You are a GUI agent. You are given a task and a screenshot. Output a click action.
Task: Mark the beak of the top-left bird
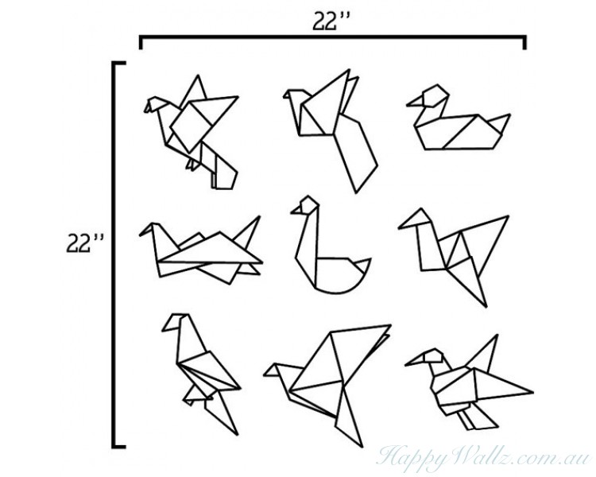(x=148, y=104)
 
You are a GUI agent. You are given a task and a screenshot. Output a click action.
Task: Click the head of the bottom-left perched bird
(x=177, y=322)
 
